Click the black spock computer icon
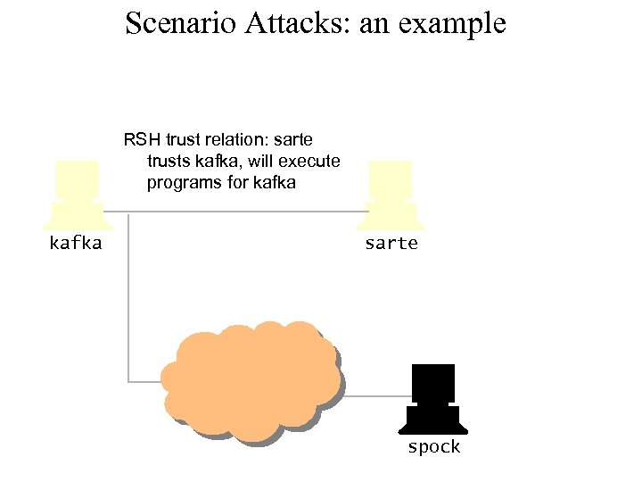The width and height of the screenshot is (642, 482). click(x=433, y=397)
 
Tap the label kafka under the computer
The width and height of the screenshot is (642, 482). click(x=75, y=243)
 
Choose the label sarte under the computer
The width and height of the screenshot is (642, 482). click(x=391, y=243)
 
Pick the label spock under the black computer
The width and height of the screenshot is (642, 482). click(x=433, y=447)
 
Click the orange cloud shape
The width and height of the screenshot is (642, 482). click(x=250, y=382)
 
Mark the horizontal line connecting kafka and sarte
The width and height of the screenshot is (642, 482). click(x=236, y=212)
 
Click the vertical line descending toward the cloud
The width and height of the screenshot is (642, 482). click(x=128, y=295)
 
